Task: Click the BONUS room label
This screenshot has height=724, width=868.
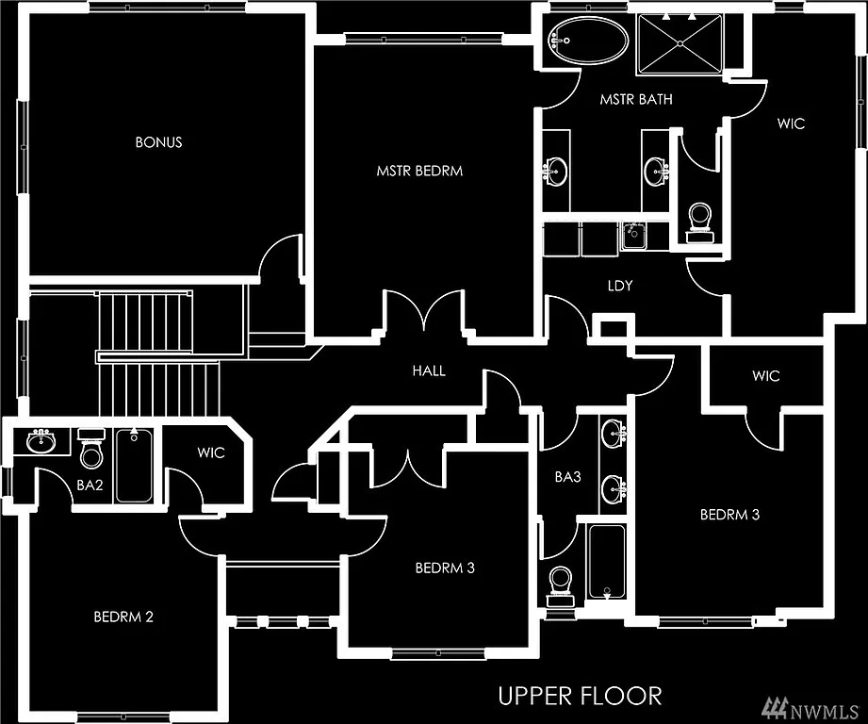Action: pyautogui.click(x=158, y=142)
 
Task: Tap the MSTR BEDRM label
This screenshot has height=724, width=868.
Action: pyautogui.click(x=419, y=172)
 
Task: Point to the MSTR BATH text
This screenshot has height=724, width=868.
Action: pyautogui.click(x=636, y=99)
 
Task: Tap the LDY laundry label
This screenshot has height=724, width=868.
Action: pyautogui.click(x=618, y=283)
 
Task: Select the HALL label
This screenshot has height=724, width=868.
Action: pyautogui.click(x=429, y=370)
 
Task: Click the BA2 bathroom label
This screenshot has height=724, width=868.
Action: pyautogui.click(x=89, y=486)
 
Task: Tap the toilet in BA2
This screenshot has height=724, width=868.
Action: pyautogui.click(x=90, y=451)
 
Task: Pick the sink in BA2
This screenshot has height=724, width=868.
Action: pyautogui.click(x=41, y=439)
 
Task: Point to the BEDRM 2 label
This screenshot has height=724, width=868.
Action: pyautogui.click(x=123, y=617)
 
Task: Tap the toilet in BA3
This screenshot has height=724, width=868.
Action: pyautogui.click(x=561, y=582)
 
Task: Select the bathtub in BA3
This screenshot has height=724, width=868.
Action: pyautogui.click(x=605, y=562)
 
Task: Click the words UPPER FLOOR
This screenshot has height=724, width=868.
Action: pyautogui.click(x=580, y=696)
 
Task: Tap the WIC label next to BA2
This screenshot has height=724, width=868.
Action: pyautogui.click(x=211, y=452)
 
